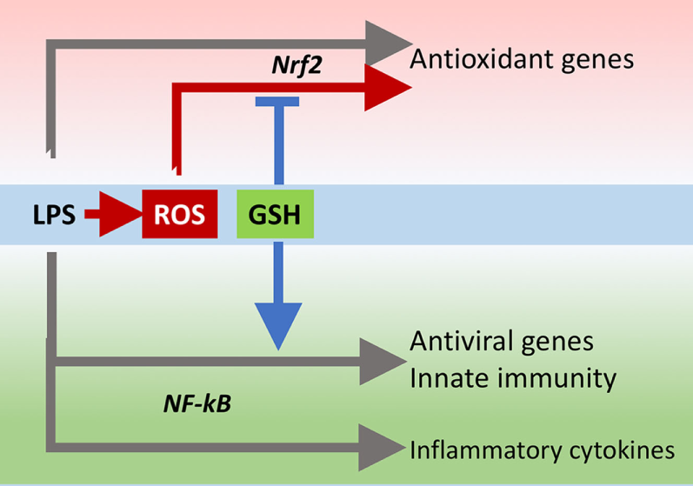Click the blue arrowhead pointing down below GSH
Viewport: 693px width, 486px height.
click(277, 326)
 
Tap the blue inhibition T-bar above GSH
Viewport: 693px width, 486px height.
click(277, 102)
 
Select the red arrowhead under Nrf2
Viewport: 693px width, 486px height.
click(386, 87)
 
